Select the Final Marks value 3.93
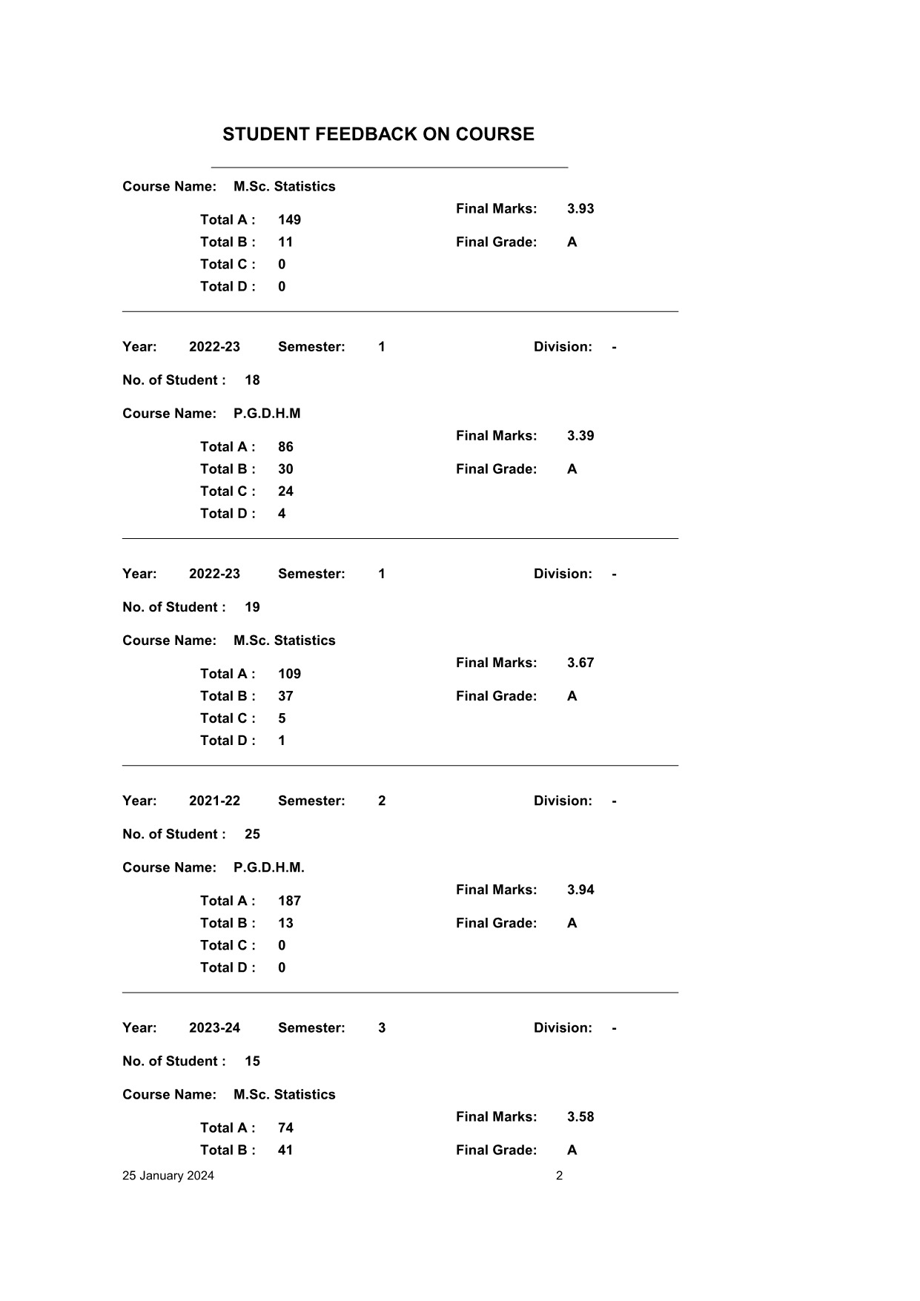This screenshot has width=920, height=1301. coord(580,209)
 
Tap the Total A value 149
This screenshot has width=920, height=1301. coord(289,220)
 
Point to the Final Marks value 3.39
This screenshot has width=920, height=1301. coord(580,436)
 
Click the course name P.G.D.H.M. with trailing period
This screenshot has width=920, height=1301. coord(268,868)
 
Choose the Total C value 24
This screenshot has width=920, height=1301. coord(285,491)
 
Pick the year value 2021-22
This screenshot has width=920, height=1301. coord(214,801)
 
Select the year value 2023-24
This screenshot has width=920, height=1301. coord(214,1028)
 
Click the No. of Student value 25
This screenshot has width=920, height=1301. coord(252,835)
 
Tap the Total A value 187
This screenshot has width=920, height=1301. coord(289,901)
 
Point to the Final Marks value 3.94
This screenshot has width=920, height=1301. coord(580,890)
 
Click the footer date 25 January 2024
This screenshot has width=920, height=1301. coord(168,1176)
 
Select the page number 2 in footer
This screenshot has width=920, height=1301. coord(559,1176)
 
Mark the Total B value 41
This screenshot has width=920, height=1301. coord(285,1151)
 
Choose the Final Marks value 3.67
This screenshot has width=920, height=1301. coord(580,663)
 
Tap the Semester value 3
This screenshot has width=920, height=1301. coord(382,1028)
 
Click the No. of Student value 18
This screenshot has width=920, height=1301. coord(252,380)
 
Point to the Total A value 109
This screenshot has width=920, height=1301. coord(289,675)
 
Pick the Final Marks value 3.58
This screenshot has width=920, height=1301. coord(580,1117)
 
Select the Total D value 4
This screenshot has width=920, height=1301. coord(282,514)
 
